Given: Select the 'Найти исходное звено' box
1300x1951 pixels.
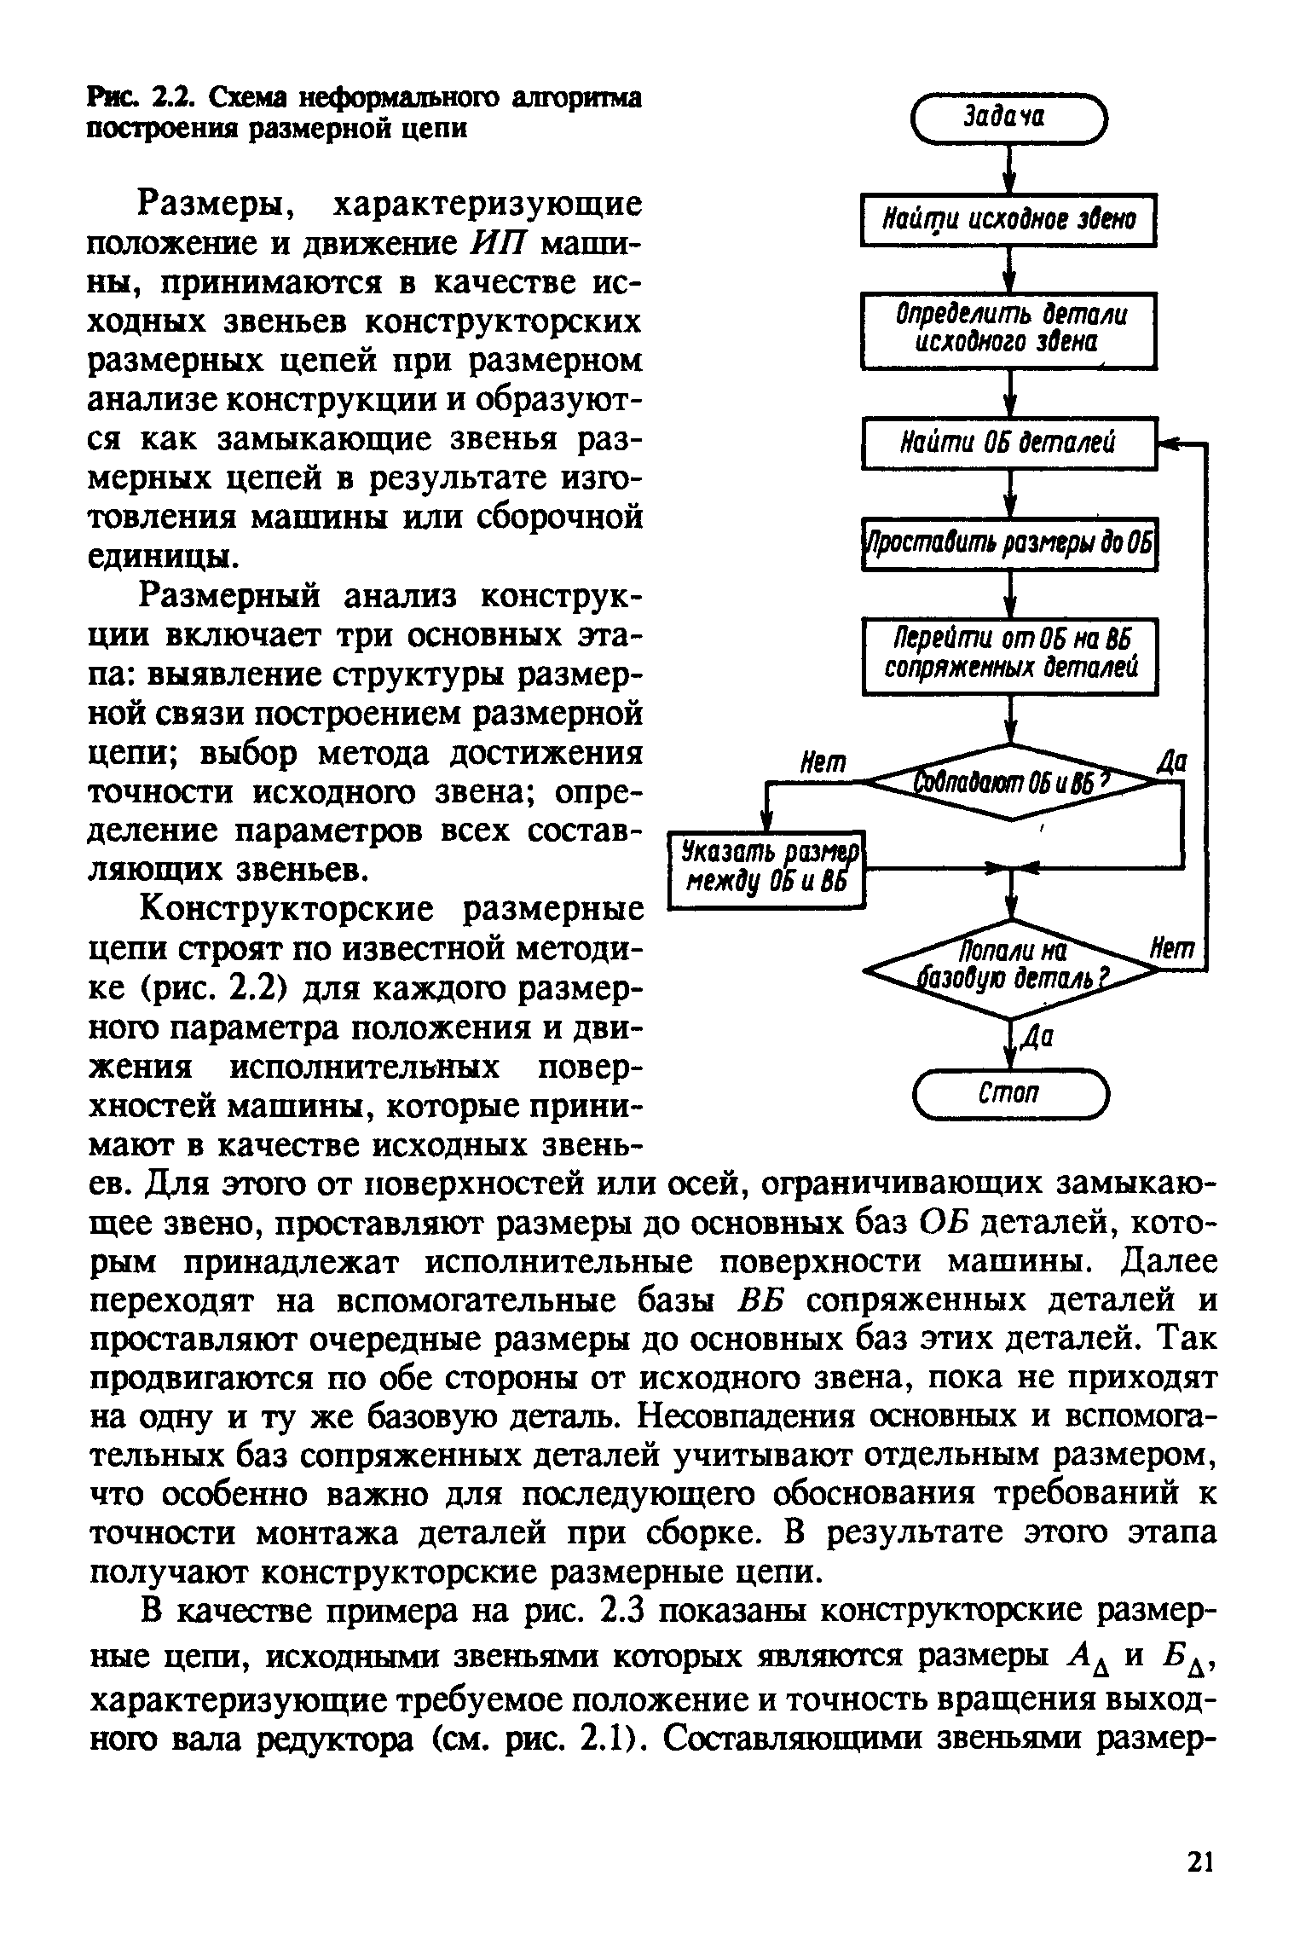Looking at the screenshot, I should tap(1008, 220).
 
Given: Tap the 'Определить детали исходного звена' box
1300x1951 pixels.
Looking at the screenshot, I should tap(1008, 329).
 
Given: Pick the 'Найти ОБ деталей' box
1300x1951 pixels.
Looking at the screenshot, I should tap(1008, 443).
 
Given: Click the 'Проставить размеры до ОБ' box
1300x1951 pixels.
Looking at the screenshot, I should tap(1008, 543).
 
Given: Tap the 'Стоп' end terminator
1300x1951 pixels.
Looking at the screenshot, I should tap(1009, 1092).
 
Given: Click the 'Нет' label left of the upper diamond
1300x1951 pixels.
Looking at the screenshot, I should tap(823, 762).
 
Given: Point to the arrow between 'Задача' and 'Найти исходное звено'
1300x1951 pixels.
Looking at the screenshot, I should tap(1009, 171).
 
